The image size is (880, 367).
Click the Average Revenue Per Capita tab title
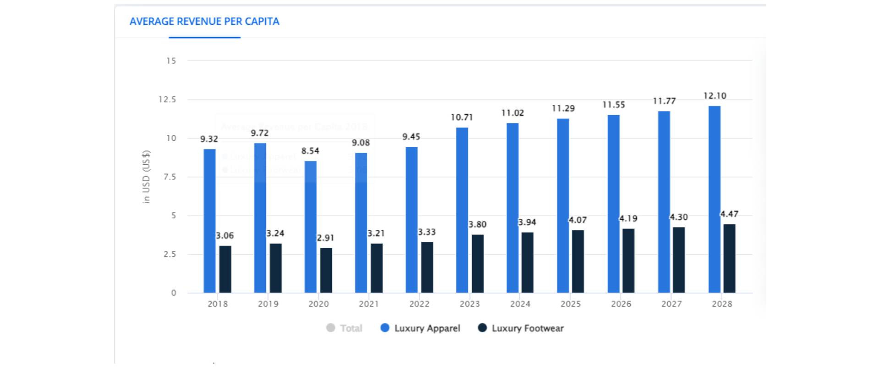click(x=204, y=22)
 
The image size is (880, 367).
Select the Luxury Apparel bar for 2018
click(x=209, y=221)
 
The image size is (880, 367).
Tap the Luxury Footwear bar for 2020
click(x=326, y=270)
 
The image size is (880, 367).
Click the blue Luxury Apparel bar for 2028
click(x=714, y=199)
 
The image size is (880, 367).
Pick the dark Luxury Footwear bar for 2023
click(x=478, y=263)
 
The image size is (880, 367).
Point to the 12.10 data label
click(x=715, y=96)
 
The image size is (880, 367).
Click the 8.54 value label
click(x=310, y=151)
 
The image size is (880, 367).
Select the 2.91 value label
click(x=325, y=238)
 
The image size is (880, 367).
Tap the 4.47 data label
click(x=729, y=214)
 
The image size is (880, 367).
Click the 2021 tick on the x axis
click(x=368, y=304)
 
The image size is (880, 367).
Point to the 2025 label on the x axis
click(x=571, y=304)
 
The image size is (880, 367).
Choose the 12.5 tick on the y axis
click(x=167, y=100)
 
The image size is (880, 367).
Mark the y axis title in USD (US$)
click(x=146, y=177)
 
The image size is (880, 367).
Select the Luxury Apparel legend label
click(x=427, y=328)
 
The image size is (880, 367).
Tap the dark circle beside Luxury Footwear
click(x=482, y=328)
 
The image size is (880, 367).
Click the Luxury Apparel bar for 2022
click(x=412, y=220)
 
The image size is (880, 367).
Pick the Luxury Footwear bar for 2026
click(x=628, y=261)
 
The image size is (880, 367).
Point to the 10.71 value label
click(x=462, y=117)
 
